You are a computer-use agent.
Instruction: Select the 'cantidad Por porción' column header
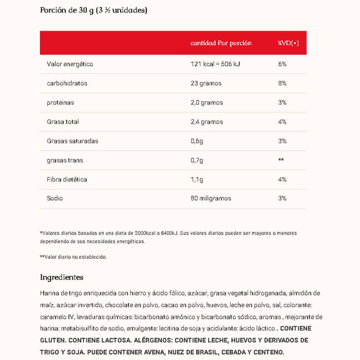[221, 43]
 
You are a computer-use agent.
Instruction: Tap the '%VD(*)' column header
[288, 43]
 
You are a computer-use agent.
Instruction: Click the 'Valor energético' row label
[70, 64]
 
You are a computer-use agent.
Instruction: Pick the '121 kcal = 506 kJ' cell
[215, 64]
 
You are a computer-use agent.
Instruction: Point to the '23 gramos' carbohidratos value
[206, 83]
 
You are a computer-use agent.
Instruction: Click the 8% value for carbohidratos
[282, 83]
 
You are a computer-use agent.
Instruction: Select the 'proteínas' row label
[60, 103]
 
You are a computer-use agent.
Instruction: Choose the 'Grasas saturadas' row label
[72, 141]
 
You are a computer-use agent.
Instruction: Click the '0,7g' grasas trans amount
[197, 160]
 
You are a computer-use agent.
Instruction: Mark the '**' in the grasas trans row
[281, 160]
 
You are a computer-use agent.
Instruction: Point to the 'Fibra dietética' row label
[67, 180]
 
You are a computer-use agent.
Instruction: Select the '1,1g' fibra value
[197, 180]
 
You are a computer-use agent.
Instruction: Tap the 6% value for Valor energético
[282, 64]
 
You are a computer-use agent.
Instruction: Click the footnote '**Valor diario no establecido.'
[73, 257]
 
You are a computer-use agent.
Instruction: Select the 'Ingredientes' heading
[62, 277]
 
